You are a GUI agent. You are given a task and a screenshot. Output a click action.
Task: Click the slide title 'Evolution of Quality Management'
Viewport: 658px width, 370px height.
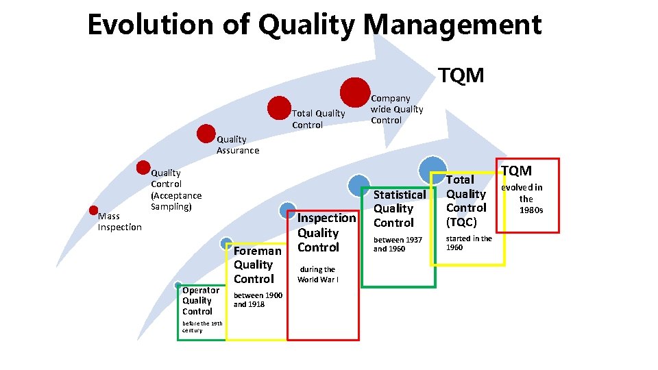tap(315, 25)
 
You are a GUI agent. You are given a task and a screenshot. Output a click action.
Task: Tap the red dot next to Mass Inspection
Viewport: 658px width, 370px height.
tap(94, 210)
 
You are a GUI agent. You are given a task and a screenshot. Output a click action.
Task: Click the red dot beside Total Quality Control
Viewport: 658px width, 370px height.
tap(280, 108)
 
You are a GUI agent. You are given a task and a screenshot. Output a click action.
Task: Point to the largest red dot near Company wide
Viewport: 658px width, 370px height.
tap(354, 92)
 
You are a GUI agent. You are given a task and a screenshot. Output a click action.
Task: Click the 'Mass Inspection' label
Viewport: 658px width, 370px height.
tap(119, 222)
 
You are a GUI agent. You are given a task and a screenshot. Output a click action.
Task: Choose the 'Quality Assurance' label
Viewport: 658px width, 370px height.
tap(238, 145)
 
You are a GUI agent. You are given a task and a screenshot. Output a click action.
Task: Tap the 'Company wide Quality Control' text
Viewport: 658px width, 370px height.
tap(397, 109)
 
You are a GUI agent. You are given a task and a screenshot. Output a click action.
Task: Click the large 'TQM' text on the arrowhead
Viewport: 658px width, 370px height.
tap(461, 75)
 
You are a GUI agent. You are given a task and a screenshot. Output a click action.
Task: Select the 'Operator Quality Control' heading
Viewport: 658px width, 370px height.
tap(200, 300)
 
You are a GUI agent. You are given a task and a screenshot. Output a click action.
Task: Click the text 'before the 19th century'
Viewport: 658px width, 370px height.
tap(202, 326)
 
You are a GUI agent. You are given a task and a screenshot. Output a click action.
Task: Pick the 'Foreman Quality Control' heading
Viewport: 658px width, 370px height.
tap(256, 264)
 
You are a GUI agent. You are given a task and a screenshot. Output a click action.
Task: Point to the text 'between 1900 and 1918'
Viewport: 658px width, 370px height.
tap(258, 299)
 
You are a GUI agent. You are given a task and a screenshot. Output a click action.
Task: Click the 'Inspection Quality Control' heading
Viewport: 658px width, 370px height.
tap(326, 232)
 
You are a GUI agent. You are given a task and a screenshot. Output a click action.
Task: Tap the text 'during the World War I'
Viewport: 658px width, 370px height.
tap(318, 274)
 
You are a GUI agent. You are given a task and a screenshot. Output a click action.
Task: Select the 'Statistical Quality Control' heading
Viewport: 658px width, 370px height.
tap(399, 208)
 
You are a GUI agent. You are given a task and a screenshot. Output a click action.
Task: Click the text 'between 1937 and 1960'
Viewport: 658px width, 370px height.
tap(398, 244)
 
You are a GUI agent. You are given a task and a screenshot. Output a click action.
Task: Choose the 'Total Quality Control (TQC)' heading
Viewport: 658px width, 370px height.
tap(466, 201)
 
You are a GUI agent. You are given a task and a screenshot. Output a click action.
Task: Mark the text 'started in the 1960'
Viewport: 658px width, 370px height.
tap(469, 243)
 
